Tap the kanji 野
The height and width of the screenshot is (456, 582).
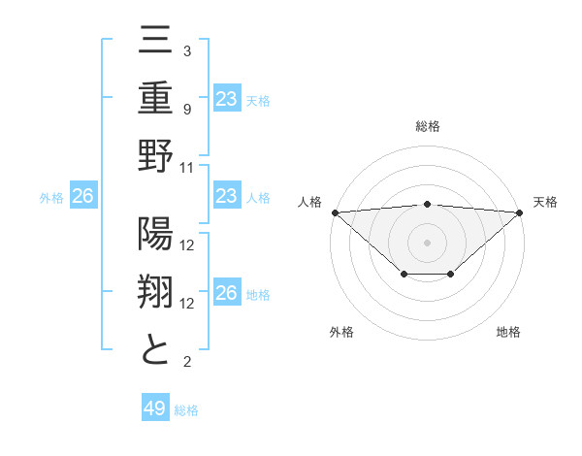point(156,155)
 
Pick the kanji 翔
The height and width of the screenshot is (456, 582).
point(156,294)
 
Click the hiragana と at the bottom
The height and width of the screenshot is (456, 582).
point(156,349)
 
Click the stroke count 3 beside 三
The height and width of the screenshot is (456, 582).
point(187,50)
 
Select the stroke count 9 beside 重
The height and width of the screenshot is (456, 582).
point(187,109)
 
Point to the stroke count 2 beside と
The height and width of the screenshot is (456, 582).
point(187,362)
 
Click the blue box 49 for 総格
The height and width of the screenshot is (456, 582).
point(155,408)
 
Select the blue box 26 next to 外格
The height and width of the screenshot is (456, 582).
point(82,197)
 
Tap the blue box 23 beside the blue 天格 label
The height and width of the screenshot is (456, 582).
point(226,98)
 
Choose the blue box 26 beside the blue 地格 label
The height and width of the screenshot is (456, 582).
point(226,294)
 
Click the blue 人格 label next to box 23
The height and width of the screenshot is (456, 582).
point(258,198)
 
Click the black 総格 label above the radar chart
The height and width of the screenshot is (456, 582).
point(427,126)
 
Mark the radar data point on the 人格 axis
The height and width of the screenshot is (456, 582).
point(334,212)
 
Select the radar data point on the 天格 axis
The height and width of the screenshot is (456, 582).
point(520,212)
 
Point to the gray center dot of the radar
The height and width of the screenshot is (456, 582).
point(427,241)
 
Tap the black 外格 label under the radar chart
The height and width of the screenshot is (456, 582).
point(341,332)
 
